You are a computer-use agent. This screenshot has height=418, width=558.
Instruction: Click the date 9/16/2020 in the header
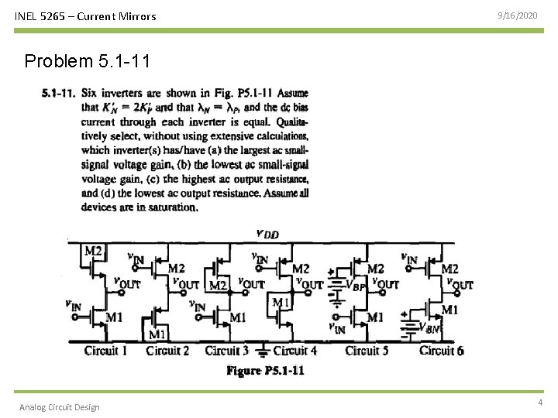point(516,15)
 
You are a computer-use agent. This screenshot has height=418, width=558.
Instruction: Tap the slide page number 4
point(539,403)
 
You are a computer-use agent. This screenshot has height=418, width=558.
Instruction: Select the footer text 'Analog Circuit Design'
point(60,407)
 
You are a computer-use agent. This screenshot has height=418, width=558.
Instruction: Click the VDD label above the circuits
point(267,234)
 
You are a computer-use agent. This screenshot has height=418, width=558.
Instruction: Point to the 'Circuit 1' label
point(106,351)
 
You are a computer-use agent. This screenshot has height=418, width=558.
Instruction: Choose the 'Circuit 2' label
point(167,351)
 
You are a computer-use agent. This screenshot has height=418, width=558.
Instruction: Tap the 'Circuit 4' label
point(295,351)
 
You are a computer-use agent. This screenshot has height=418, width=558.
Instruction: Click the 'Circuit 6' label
point(442,351)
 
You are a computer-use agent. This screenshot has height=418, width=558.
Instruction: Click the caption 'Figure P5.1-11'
point(265,371)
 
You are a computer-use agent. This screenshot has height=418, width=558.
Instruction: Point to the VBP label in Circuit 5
point(357,286)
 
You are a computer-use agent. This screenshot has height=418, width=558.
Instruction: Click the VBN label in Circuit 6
point(432,327)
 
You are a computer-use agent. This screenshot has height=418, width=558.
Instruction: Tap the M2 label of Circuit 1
point(93,250)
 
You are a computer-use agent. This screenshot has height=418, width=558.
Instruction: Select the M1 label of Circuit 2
point(157,334)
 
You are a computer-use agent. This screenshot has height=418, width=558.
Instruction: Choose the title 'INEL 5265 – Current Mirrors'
point(85,15)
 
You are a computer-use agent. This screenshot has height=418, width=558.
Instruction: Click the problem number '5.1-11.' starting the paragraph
point(58,94)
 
